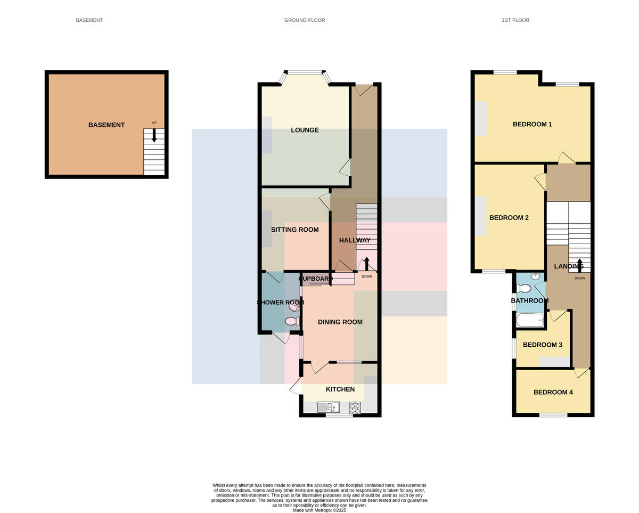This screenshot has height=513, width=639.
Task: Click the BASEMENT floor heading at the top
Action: click(x=89, y=20)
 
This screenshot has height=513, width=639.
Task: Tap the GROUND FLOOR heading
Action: click(x=305, y=20)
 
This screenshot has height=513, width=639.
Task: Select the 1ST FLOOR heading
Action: click(x=515, y=20)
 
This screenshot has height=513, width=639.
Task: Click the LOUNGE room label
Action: click(x=305, y=130)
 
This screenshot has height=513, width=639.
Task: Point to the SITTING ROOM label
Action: click(x=295, y=229)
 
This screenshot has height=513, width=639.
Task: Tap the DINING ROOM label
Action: click(x=340, y=322)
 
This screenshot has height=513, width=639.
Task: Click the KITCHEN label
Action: click(x=340, y=389)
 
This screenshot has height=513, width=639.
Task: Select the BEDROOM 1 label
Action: click(x=532, y=124)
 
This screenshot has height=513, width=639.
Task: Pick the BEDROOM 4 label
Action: click(x=553, y=392)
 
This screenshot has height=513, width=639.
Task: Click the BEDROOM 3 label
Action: click(x=543, y=345)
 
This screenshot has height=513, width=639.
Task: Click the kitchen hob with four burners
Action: click(x=355, y=408)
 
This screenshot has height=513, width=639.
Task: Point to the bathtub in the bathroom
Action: click(x=530, y=321)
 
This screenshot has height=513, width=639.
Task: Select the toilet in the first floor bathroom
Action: click(x=524, y=288)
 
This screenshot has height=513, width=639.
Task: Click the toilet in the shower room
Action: click(x=293, y=321)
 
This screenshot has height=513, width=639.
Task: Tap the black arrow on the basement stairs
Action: click(x=154, y=135)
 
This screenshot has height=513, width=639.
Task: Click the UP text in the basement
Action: click(x=154, y=123)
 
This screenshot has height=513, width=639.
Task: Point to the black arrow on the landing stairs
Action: click(x=579, y=264)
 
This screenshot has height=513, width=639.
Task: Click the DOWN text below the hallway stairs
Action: click(x=367, y=276)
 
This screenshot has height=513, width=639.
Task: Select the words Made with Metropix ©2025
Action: click(x=319, y=510)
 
